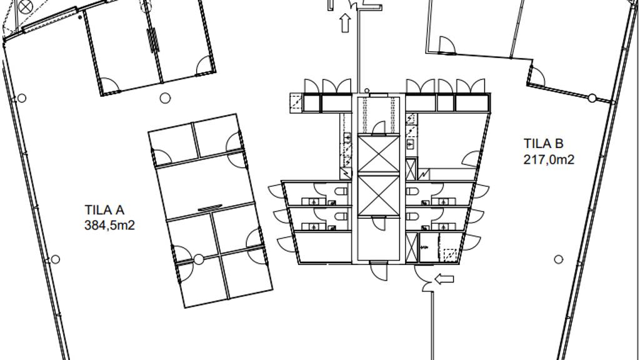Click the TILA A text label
pos(104,210)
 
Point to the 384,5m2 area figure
pos(109,225)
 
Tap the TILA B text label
pos(543,144)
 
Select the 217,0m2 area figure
pos(549,159)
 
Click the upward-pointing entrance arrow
pos(345,23)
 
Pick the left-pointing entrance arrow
pos(444,279)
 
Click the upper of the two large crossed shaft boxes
pos(378,154)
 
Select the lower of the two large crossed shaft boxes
pos(378,195)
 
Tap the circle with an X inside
pos(26,6)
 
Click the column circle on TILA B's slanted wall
pos(591,98)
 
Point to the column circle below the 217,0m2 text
pos(558,259)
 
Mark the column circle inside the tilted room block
pos(198,259)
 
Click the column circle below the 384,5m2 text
pos(55,259)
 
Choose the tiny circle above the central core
pos(367,91)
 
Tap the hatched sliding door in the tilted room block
pos(210,208)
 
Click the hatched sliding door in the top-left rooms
pos(153,40)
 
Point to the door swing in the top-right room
pos(447,45)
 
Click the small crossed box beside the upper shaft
pos(411,170)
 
